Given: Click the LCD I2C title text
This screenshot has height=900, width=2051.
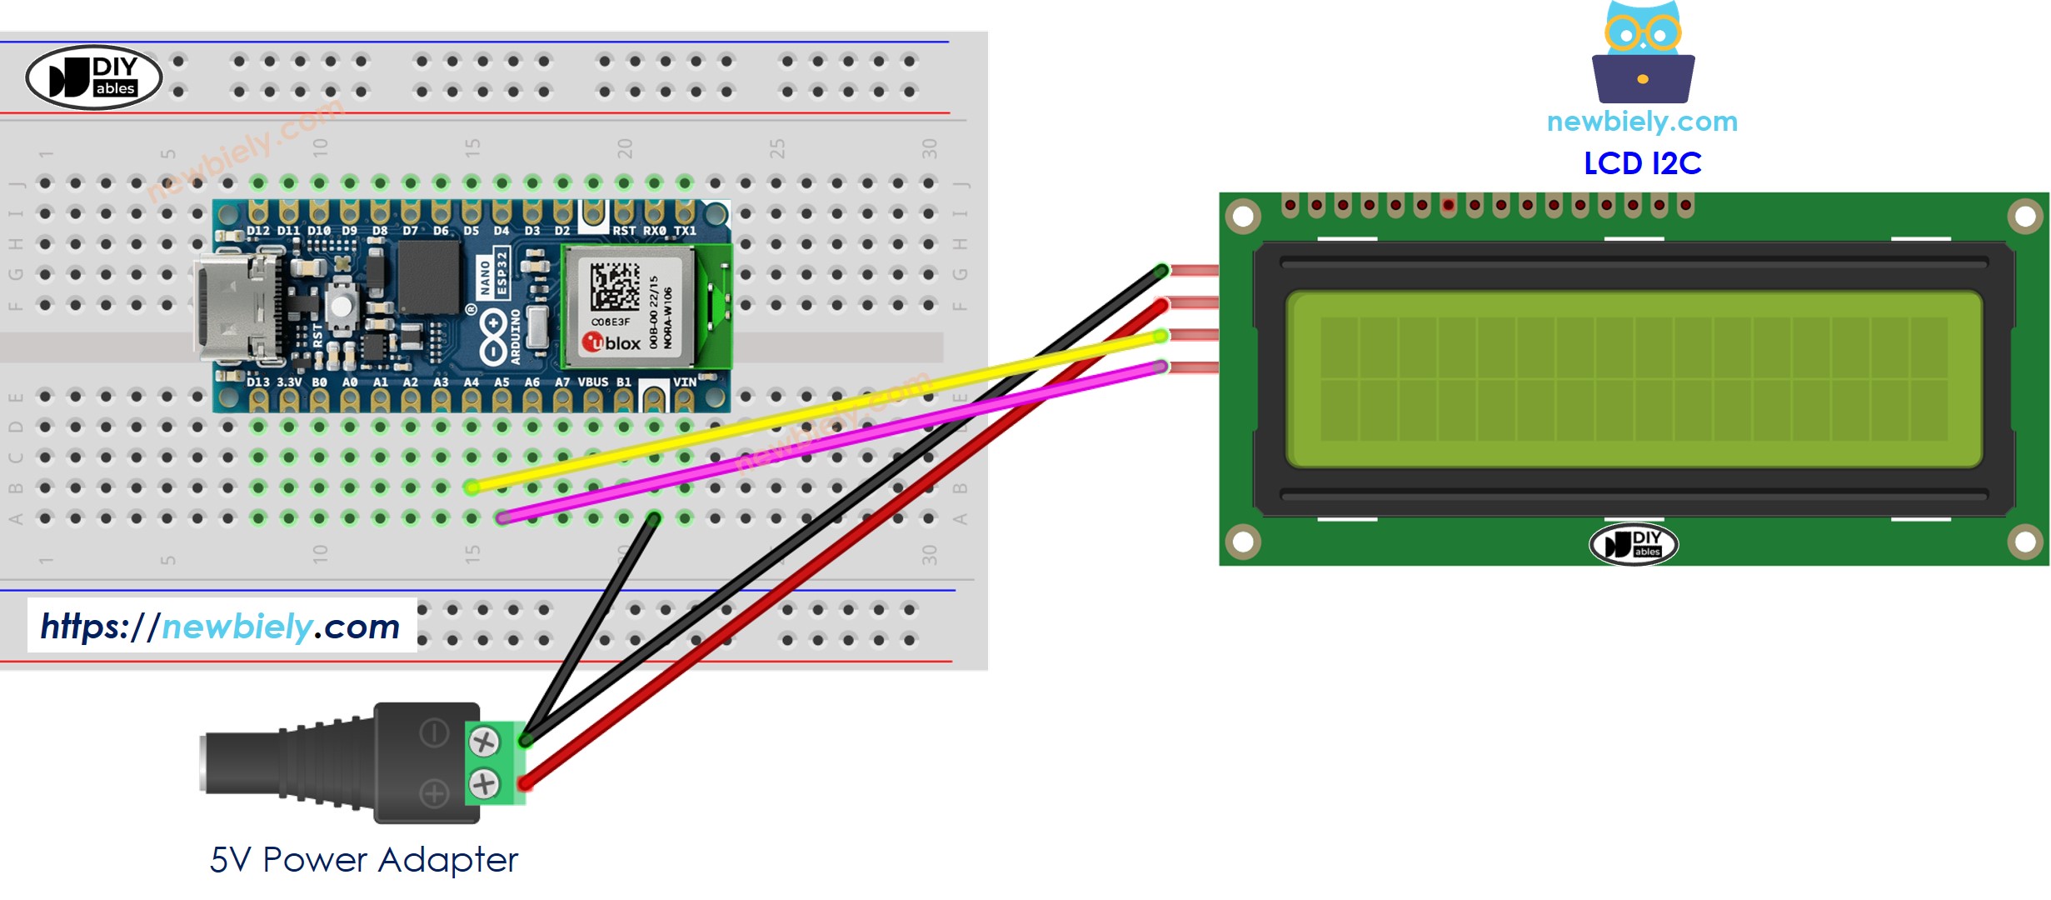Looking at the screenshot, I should coord(1641,163).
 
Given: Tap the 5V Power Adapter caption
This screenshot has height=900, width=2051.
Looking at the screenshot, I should coord(363,860).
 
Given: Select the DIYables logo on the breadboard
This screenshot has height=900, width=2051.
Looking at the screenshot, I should coord(93,77).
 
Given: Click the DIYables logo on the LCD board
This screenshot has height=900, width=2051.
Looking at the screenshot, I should coord(1633,544).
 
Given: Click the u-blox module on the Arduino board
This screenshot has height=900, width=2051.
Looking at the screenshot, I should coord(629,307).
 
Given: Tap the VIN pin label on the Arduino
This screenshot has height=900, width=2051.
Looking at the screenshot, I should coord(684,382).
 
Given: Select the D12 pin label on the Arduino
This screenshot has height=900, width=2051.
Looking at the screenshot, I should coord(257,231).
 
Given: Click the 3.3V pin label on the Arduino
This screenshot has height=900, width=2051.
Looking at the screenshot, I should coord(289,382).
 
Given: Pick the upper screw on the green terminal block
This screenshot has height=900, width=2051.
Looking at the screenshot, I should coord(484,741).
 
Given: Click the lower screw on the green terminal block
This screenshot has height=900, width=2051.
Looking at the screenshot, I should coord(484,783).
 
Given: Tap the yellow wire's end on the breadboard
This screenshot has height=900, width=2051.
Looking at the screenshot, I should coord(472,487).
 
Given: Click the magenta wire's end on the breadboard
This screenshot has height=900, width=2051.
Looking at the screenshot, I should coord(502,518).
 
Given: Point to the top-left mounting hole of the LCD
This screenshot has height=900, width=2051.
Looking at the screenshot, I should coord(1242,217).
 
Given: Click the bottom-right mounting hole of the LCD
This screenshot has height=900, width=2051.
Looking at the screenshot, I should coord(2024,542).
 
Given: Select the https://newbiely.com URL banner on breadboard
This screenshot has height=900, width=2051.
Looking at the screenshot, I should coord(221,626).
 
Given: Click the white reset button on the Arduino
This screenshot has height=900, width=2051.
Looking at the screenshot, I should coord(341,305).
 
